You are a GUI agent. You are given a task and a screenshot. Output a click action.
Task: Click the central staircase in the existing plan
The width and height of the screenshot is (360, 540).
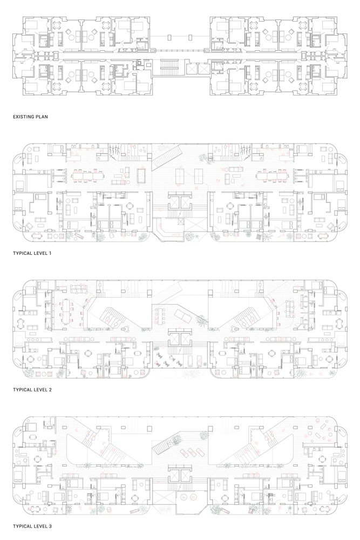coord(169,67)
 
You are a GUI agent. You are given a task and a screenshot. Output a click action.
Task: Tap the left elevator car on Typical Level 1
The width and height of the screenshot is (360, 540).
coord(174,203)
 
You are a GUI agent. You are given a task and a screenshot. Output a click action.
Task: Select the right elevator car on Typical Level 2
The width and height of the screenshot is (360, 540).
coord(185,340)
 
